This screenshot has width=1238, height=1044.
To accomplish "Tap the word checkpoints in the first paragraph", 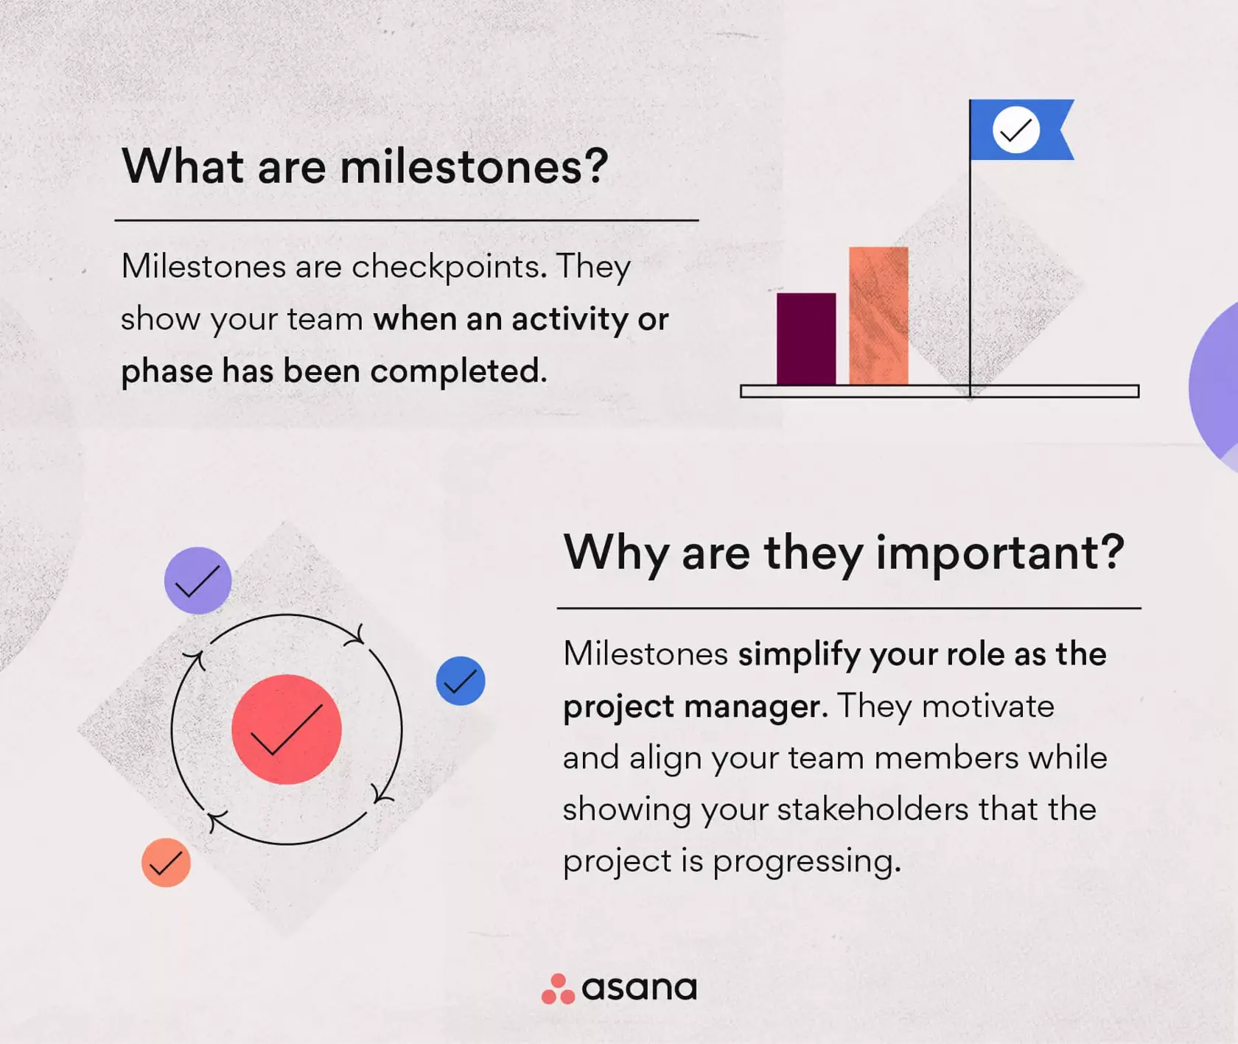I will coord(449,267).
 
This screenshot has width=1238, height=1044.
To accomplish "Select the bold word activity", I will coord(570,319).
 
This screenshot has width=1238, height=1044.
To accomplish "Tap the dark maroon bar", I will coord(806,339).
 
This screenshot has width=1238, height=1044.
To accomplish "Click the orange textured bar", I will coord(878,315).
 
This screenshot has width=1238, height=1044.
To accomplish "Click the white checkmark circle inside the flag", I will coord(1015,130).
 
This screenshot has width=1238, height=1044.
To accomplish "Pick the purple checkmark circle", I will coord(197,581).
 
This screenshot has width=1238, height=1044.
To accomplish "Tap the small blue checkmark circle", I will coord(461,681).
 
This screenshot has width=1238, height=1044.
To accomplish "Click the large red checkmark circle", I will coord(287,729).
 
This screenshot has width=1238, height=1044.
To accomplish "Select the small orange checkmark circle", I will coord(166,863).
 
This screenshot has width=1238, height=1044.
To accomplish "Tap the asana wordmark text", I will coord(639,988).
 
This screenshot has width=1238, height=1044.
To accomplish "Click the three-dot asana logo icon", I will coord(558,989).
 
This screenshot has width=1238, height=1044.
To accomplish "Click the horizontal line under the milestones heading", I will coord(406,220).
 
